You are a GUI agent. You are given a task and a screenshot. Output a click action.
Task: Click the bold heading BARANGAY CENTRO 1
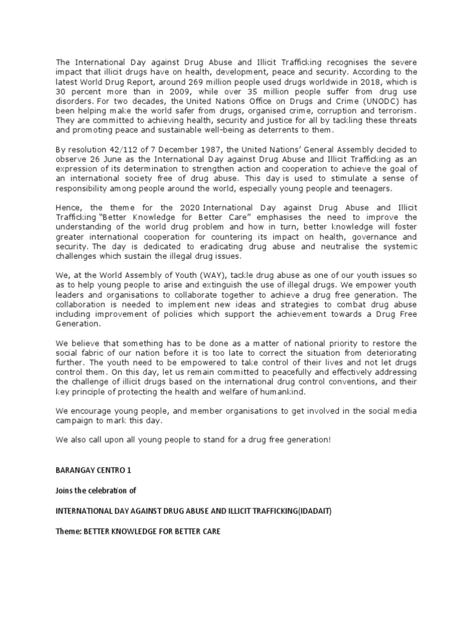tap(94, 470)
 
